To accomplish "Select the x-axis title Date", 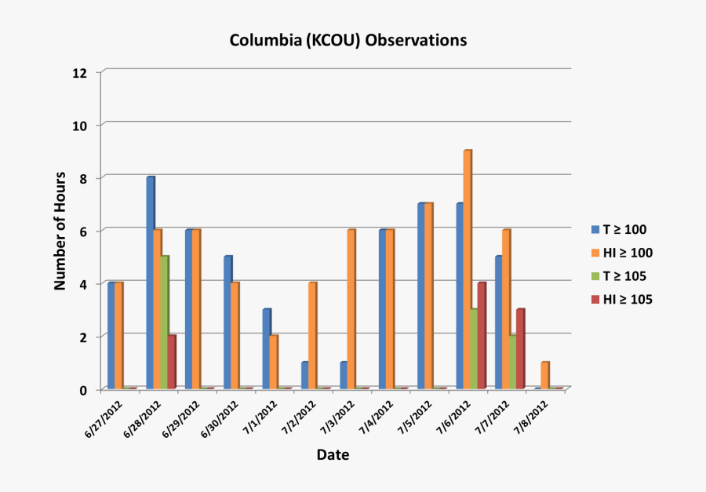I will [x=333, y=454].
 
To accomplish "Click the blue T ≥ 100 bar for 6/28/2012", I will [x=150, y=282].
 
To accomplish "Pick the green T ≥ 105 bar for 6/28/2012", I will [x=164, y=322].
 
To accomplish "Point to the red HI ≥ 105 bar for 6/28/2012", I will [x=171, y=362].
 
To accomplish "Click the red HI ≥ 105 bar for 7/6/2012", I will [x=481, y=335].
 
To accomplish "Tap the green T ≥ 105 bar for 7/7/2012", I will [x=512, y=361].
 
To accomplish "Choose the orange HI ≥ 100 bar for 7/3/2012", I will [x=351, y=309].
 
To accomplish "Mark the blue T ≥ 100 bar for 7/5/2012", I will [x=421, y=296].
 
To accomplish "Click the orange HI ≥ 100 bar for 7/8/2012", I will [x=544, y=375].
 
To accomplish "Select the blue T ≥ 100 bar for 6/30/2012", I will [x=227, y=322].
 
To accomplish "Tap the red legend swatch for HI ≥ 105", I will [x=595, y=299].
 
